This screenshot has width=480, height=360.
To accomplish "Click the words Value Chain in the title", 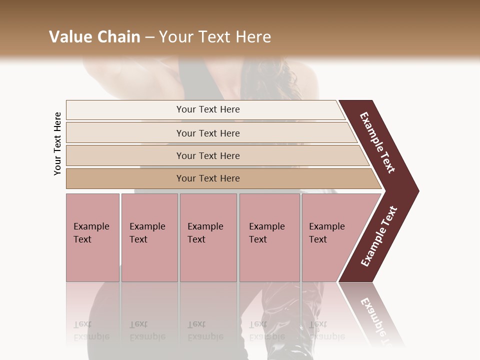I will click(94, 37).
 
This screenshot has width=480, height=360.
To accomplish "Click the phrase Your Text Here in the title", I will click(215, 37).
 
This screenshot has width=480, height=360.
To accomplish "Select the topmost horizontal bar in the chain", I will click(125, 110).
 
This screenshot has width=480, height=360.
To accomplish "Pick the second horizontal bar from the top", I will click(125, 133).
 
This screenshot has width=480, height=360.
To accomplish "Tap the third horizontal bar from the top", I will click(125, 155).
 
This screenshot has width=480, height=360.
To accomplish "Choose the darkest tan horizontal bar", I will click(125, 178).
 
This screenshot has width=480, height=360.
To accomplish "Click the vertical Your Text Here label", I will click(57, 143).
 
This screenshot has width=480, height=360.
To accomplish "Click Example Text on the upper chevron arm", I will click(377, 142).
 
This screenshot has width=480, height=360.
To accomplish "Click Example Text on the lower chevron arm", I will click(379, 236).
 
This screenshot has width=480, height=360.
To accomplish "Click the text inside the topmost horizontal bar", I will click(208, 109).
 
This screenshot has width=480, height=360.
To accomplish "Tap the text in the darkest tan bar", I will click(208, 178).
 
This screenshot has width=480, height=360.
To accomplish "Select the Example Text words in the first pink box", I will click(91, 233).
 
